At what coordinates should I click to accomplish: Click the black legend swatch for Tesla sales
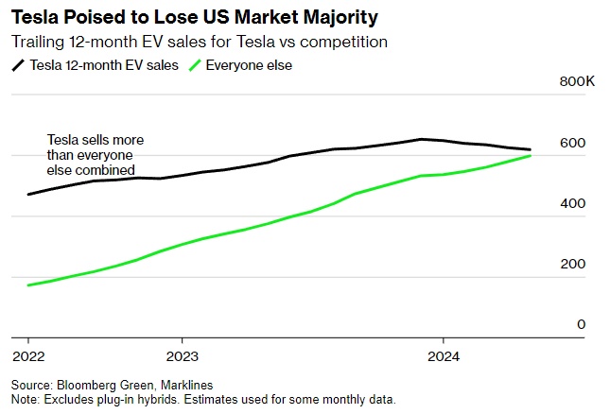click(x=18, y=65)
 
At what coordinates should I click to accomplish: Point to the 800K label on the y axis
click(x=577, y=82)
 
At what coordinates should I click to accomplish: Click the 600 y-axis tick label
click(x=573, y=143)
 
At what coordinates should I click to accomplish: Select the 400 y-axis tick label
click(x=573, y=203)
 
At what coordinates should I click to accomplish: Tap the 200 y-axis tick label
click(x=573, y=264)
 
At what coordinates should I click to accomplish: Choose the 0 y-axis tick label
click(x=581, y=324)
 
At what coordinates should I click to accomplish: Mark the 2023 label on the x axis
click(x=182, y=356)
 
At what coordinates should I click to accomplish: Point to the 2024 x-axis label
click(x=444, y=356)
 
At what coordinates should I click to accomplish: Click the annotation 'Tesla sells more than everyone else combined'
click(x=95, y=155)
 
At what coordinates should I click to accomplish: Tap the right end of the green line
click(x=531, y=155)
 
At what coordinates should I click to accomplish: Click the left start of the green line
click(x=28, y=285)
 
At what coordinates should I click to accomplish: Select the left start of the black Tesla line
click(x=28, y=194)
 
